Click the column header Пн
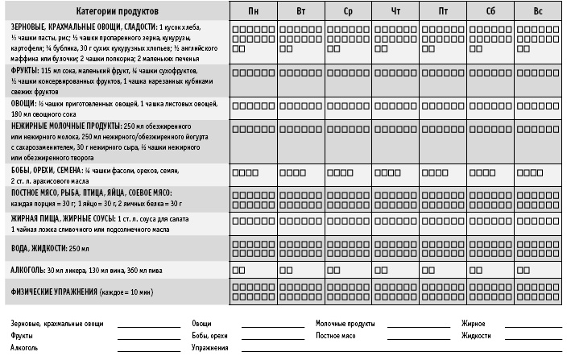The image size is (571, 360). click(x=253, y=12)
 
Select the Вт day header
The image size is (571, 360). click(x=300, y=12)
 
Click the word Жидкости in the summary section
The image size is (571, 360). click(x=476, y=334)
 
